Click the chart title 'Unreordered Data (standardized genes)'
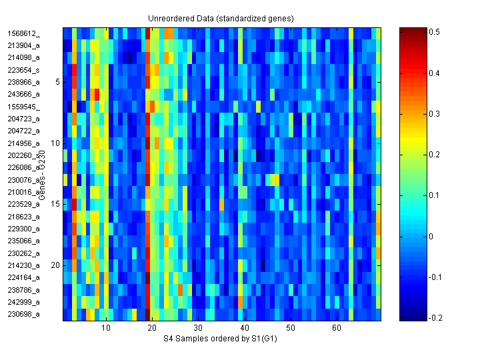[221, 18]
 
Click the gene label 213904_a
[23, 45]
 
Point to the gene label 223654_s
[23, 70]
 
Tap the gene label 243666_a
[23, 94]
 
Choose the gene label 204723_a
[23, 119]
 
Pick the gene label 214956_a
[23, 143]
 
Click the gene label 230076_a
[23, 180]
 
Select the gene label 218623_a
[23, 217]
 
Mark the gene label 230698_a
[23, 314]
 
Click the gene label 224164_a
[23, 277]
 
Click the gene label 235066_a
[23, 241]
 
